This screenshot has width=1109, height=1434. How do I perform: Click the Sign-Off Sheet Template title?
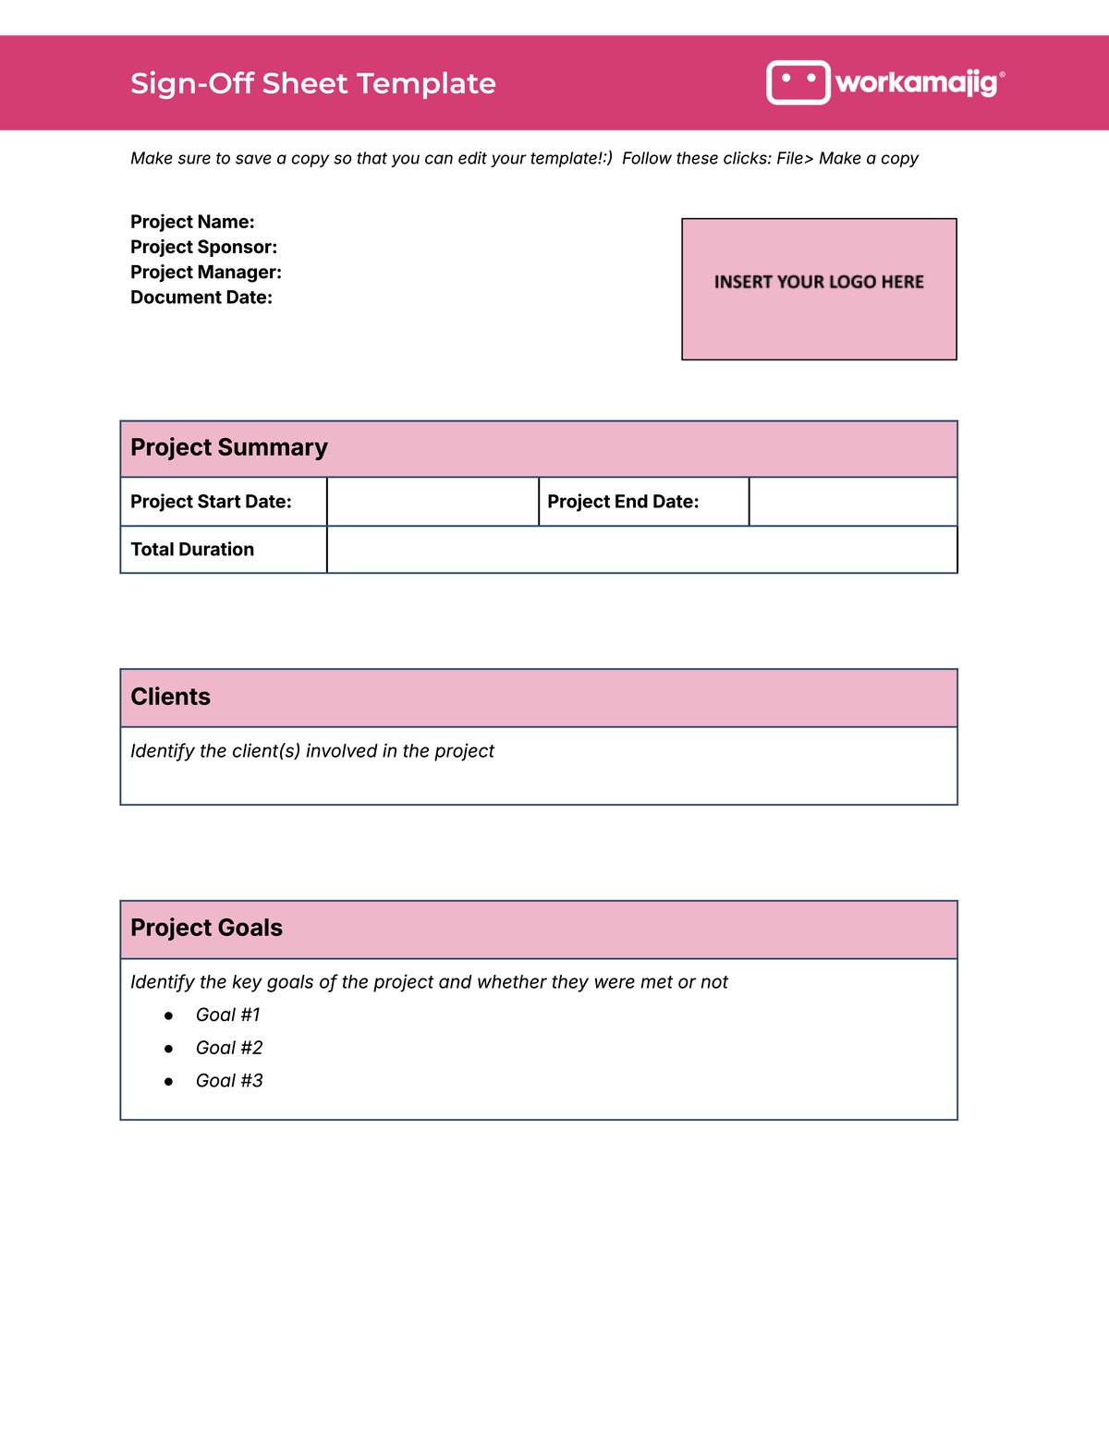tap(312, 83)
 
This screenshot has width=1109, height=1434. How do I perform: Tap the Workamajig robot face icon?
tap(798, 82)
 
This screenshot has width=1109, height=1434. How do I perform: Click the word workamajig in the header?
tap(916, 82)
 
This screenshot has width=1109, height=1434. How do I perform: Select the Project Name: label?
tap(192, 222)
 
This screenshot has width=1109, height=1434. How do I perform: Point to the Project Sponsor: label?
tap(203, 247)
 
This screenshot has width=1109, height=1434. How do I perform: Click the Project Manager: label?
tap(206, 272)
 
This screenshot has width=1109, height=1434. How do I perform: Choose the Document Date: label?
tap(201, 298)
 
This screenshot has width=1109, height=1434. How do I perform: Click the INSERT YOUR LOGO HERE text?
tap(819, 282)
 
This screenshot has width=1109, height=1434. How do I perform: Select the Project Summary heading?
tap(229, 447)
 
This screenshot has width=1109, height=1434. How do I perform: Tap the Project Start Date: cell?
tap(211, 502)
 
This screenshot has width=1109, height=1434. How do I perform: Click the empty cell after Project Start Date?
tap(433, 502)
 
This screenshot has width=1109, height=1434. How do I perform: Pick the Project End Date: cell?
tap(623, 502)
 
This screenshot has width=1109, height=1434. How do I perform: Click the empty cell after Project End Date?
tap(852, 502)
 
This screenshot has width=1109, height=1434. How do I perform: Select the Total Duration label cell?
tap(192, 550)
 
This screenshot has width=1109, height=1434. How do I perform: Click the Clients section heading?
tap(170, 697)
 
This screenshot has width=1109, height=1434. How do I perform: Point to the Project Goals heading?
tap(206, 928)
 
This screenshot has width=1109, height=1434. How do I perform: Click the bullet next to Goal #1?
tap(168, 1015)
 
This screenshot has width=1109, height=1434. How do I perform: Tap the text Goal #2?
tap(229, 1048)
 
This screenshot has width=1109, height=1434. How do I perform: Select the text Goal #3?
tap(229, 1081)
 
